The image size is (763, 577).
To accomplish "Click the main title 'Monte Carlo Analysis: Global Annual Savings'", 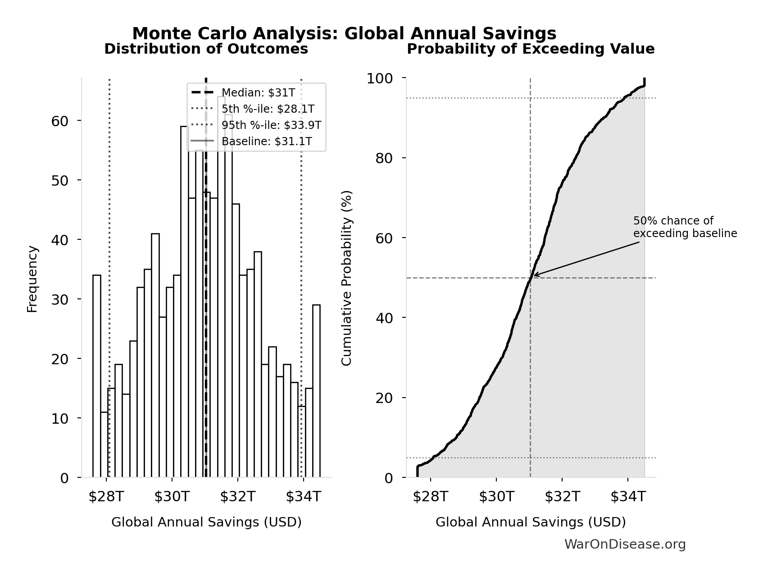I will (344, 34).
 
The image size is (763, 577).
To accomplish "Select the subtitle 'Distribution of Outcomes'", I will (206, 49).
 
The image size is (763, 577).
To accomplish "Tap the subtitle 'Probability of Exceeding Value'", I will (531, 49).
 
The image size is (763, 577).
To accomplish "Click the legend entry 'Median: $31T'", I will (258, 93).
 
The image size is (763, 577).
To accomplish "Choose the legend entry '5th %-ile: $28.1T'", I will (268, 109).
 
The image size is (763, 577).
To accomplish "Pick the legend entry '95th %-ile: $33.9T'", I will (271, 125).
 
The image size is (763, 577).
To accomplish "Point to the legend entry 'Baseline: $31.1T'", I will (266, 142).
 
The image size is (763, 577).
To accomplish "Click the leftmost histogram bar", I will (97, 376).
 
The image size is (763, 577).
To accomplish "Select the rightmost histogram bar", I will (316, 391).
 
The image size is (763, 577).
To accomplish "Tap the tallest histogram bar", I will (221, 287).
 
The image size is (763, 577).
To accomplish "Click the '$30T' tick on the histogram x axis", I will (172, 496).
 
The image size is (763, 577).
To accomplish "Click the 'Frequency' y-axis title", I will (32, 279).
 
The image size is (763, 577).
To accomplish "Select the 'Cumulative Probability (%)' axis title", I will (346, 278).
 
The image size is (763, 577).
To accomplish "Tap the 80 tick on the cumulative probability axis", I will (384, 158).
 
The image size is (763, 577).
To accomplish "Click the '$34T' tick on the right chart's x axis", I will (628, 496).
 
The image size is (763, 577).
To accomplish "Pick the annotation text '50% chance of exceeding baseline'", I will (685, 227).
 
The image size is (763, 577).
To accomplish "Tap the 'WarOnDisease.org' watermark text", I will (625, 545).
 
